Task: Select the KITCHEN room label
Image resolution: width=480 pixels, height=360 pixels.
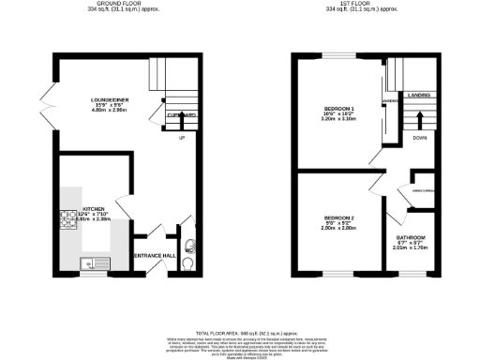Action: point(94,209)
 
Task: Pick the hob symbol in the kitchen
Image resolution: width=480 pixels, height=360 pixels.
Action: point(67,222)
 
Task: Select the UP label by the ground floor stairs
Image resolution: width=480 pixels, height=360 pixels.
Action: point(181,139)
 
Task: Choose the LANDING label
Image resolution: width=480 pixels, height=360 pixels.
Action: point(418,93)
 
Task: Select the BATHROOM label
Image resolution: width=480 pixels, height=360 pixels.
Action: point(410,237)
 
